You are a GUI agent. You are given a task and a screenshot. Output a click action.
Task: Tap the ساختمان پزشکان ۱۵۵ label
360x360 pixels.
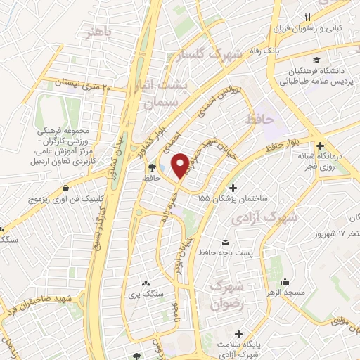coord(236,200)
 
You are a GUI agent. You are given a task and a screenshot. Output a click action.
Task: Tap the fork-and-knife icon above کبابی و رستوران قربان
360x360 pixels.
coord(307,17)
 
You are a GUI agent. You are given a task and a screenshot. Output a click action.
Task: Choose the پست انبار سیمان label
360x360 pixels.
coord(167,96)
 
